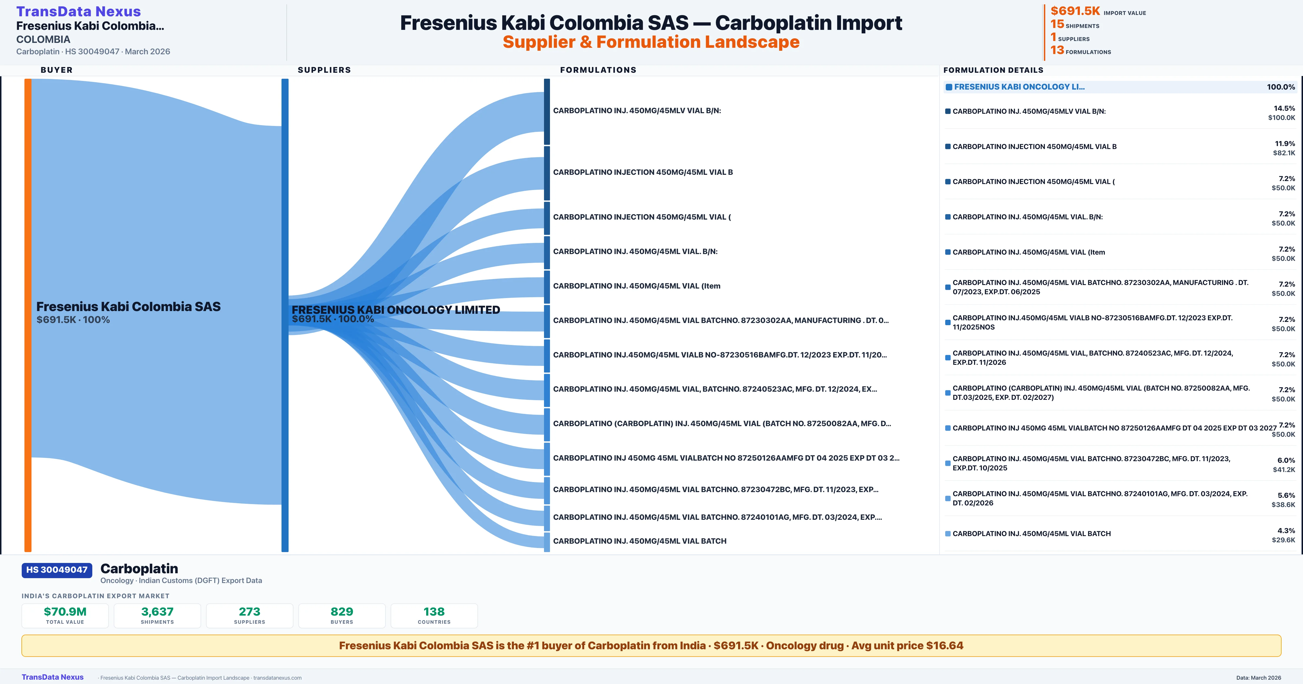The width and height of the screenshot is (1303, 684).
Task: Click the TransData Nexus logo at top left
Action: pos(78,11)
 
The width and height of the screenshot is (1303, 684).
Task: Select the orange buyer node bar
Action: pos(28,315)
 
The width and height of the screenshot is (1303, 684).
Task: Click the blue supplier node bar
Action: pos(285,315)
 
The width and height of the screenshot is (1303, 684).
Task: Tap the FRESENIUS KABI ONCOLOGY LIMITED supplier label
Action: pos(396,310)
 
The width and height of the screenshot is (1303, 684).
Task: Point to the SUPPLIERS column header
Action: pos(324,70)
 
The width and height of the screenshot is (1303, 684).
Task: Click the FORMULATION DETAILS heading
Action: pos(993,70)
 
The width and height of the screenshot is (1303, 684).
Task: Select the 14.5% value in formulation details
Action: pos(1284,108)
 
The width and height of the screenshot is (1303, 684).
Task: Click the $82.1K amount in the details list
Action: pos(1284,153)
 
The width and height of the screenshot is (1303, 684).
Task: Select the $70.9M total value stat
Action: pos(65,615)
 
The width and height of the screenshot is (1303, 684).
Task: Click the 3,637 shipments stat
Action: pos(157,615)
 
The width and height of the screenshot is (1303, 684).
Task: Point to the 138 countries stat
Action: pos(434,615)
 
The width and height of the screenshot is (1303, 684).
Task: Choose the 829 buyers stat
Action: pos(342,615)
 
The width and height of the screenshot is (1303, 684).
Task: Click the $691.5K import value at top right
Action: pos(1075,11)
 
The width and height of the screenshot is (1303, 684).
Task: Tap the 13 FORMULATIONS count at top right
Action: pos(1080,50)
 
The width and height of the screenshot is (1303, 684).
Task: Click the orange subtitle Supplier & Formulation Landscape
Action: pos(651,42)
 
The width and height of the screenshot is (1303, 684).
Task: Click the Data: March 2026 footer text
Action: pos(1258,677)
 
